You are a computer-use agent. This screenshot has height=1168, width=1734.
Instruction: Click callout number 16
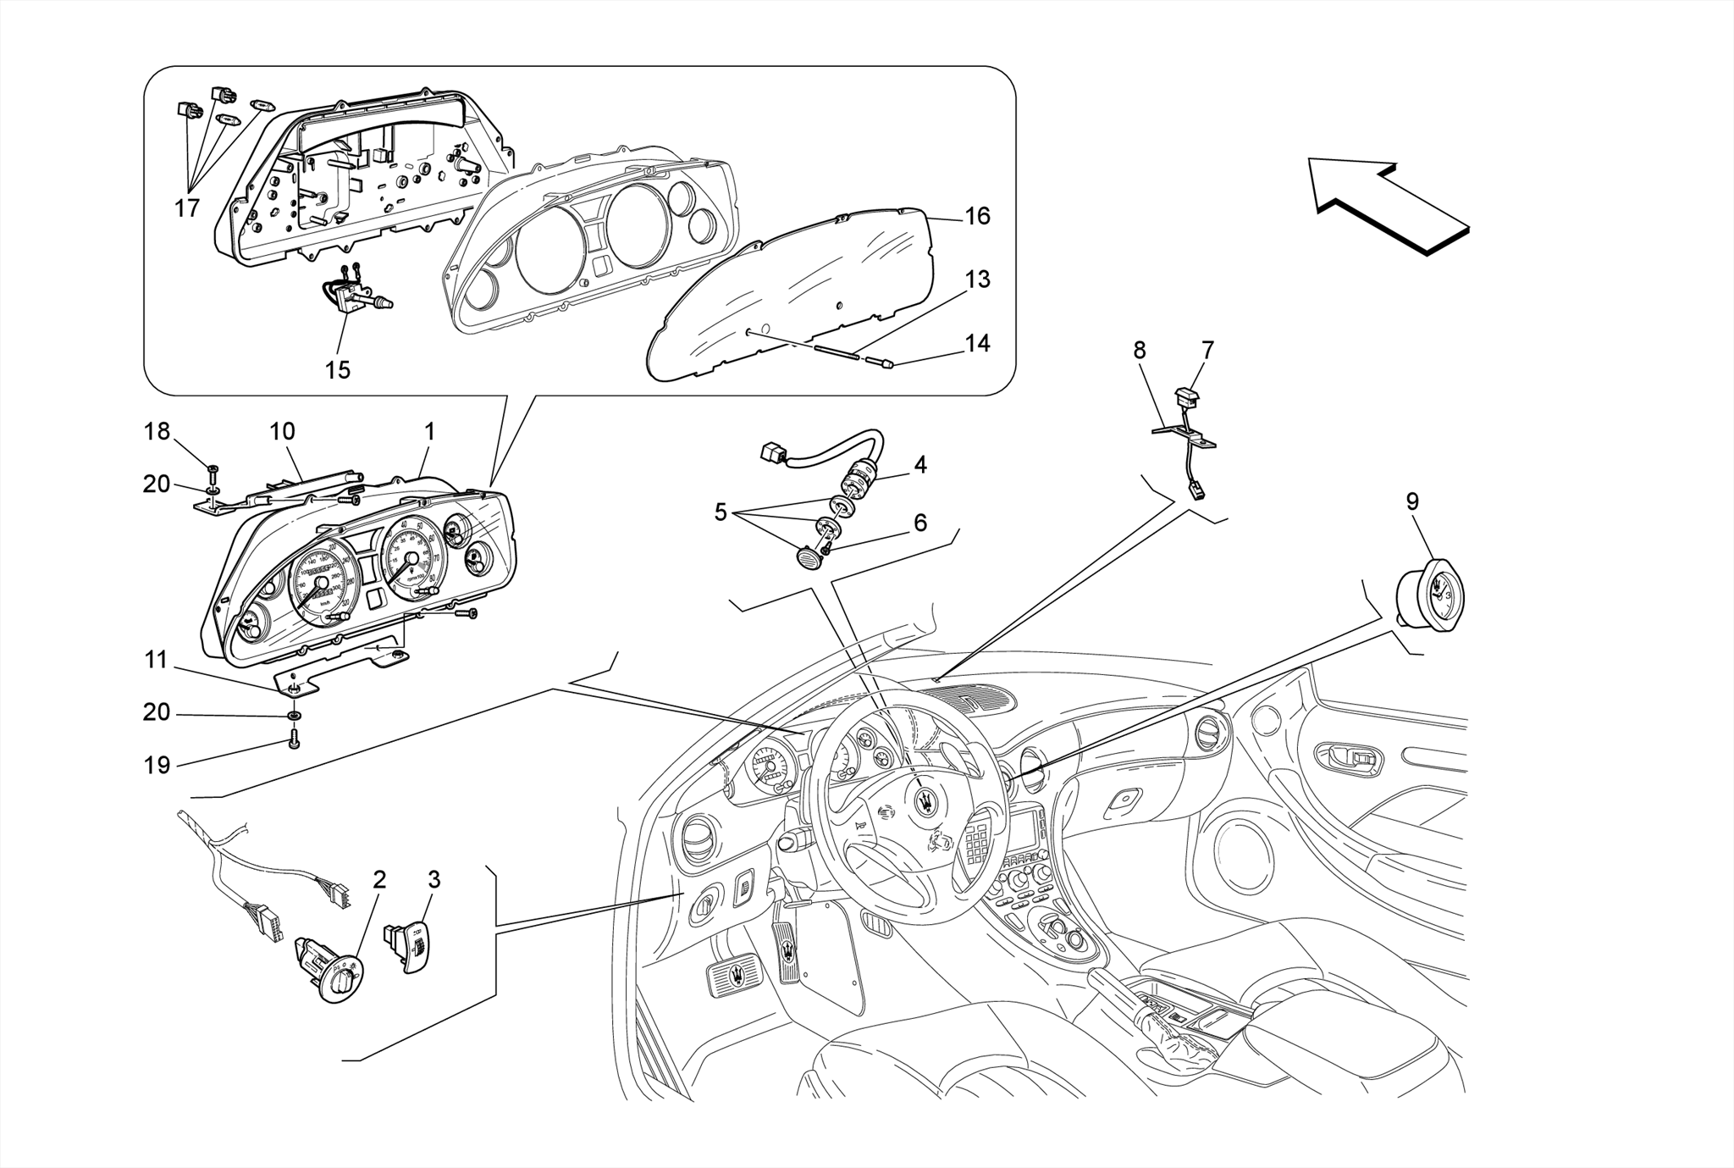[x=977, y=216]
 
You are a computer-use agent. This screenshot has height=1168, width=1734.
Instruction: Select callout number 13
[x=977, y=280]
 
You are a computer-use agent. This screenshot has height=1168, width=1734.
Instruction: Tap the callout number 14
[x=977, y=343]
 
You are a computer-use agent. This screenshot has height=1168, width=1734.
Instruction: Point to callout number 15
[x=337, y=370]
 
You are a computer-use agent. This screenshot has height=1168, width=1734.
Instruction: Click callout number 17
[x=187, y=208]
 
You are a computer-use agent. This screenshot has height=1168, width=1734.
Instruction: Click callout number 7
[x=1207, y=350]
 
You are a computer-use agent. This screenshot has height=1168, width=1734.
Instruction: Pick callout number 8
[x=1140, y=350]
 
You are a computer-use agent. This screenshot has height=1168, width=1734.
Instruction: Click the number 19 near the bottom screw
[x=157, y=765]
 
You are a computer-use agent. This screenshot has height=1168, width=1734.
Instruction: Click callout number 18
[x=157, y=431]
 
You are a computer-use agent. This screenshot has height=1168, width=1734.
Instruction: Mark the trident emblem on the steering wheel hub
[x=929, y=801]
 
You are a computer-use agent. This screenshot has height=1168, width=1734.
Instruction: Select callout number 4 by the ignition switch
[x=920, y=464]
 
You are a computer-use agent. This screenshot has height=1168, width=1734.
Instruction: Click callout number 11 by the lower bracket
[x=157, y=659]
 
